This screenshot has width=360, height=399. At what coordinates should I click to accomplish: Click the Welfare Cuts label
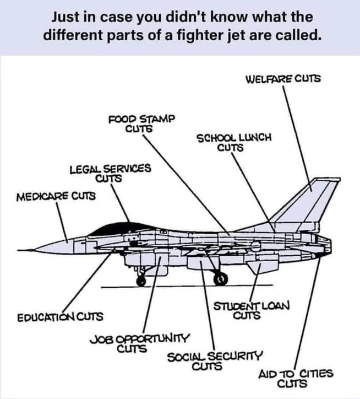(x=283, y=79)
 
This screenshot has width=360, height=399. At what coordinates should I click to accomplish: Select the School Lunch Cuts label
(x=233, y=142)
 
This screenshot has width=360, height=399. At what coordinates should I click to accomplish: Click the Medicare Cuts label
(x=55, y=196)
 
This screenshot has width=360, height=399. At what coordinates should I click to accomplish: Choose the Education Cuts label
(x=60, y=317)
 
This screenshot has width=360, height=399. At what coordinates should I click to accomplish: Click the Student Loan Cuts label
(x=251, y=311)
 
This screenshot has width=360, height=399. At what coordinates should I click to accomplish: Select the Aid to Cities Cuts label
(x=296, y=378)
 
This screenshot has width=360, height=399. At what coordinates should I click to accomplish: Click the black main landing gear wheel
(x=221, y=280)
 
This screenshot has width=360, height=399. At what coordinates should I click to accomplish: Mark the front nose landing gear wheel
(x=140, y=282)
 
